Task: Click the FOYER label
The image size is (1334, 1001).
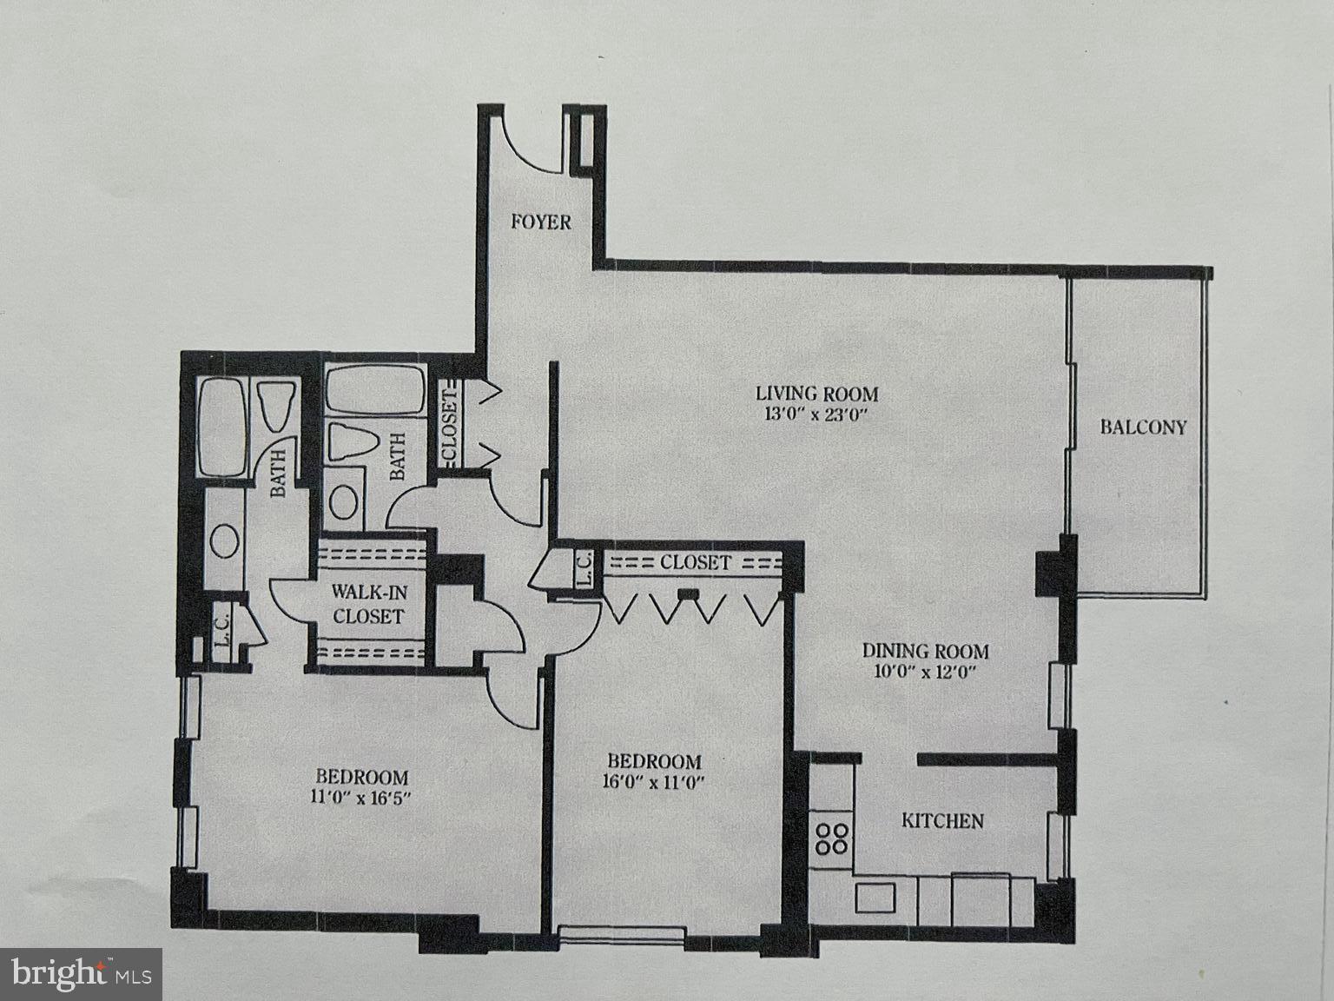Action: [x=540, y=222]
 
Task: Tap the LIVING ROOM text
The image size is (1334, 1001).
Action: [x=816, y=394]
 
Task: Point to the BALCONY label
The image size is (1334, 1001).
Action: [x=1143, y=427]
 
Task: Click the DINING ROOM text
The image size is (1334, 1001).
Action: [x=925, y=650]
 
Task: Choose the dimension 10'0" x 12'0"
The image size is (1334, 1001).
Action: [x=925, y=671]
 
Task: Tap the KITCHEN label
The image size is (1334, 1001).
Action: [x=942, y=820]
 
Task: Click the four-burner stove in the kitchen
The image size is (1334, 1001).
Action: [x=831, y=838]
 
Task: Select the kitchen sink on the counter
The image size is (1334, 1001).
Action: [x=875, y=897]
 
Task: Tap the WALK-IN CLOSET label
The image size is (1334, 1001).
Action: [x=368, y=605]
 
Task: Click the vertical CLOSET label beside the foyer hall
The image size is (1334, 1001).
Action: [x=450, y=424]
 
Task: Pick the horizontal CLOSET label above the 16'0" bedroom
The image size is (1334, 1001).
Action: [x=695, y=562]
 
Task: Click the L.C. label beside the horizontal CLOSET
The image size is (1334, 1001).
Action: [x=584, y=568]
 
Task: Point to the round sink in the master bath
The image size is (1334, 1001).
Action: [x=225, y=540]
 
